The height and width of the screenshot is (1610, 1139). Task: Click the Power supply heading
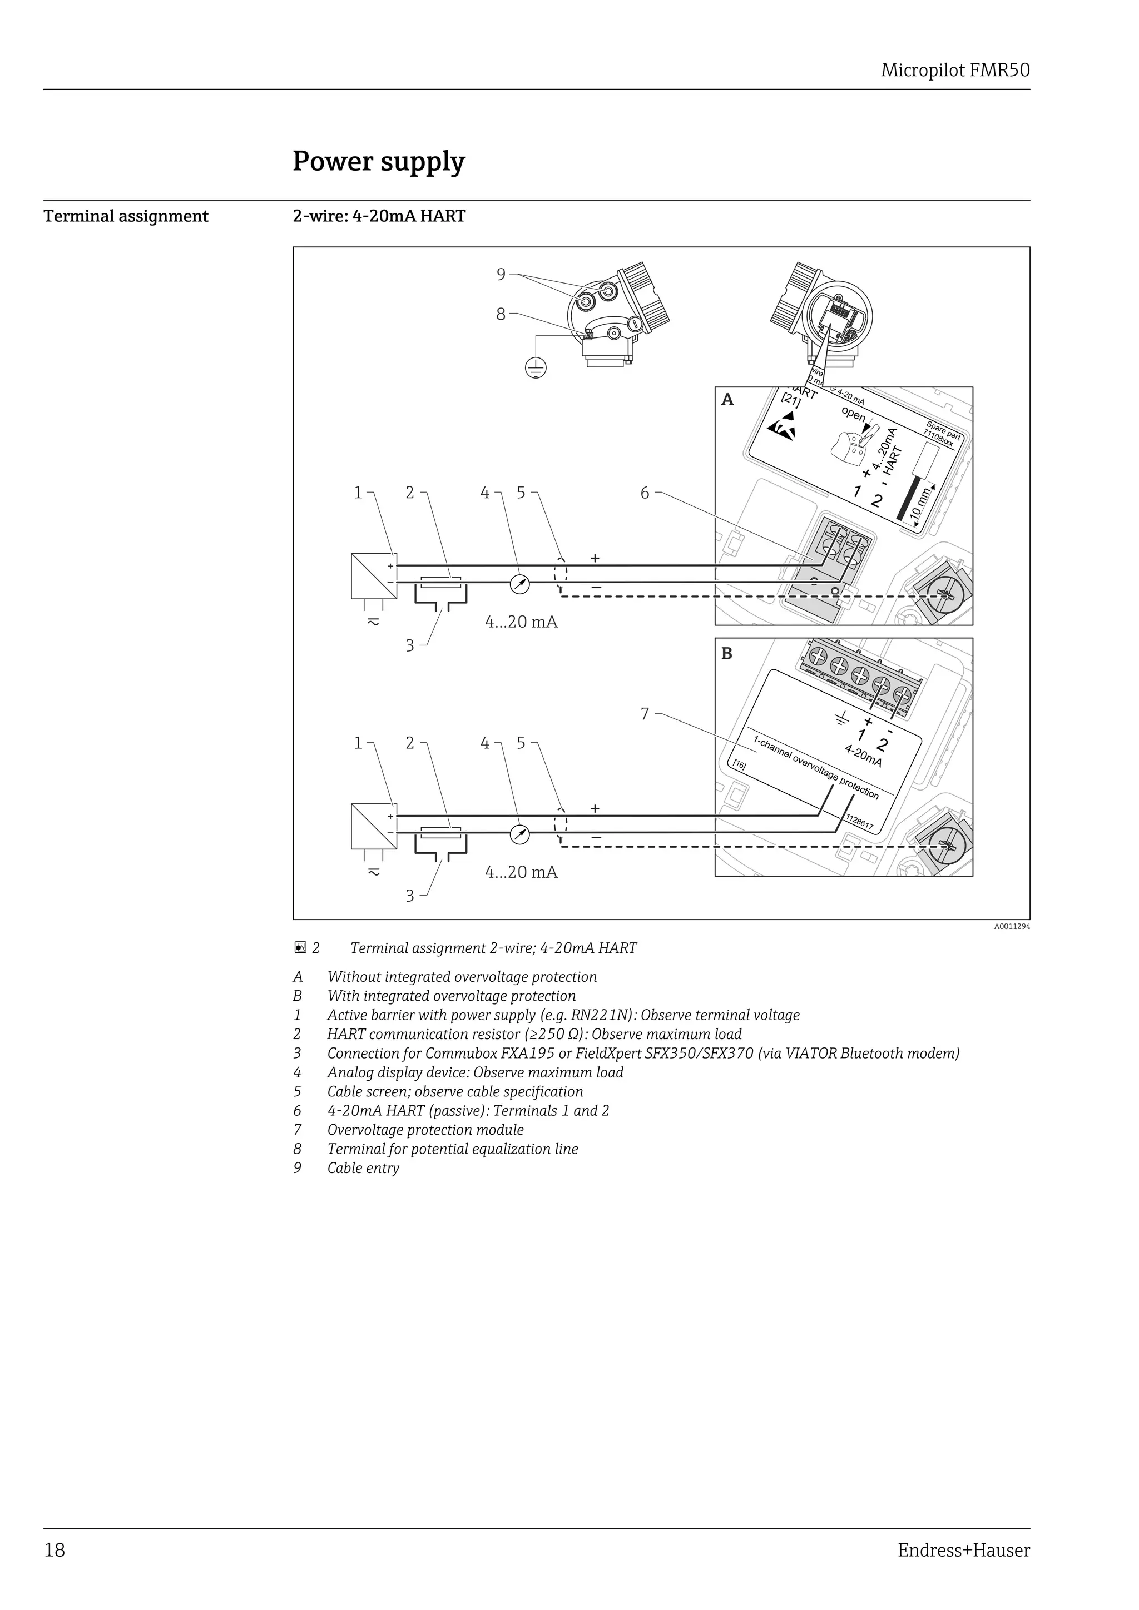pos(379,162)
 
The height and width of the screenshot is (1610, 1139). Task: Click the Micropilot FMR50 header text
pos(954,71)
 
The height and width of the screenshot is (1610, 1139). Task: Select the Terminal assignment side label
pos(126,216)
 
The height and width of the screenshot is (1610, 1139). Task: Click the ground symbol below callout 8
pos(536,367)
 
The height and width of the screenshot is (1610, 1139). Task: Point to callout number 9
pos(501,274)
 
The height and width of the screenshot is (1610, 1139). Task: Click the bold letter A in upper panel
pos(727,400)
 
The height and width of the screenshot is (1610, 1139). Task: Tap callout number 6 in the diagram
pos(645,493)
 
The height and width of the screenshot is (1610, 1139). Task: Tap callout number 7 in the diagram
pos(645,714)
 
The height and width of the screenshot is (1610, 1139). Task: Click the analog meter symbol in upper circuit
pos(519,585)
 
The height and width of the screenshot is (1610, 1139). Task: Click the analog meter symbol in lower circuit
pos(519,834)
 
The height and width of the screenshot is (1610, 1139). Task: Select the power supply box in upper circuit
pos(374,576)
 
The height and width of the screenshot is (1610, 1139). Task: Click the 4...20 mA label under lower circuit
pos(521,872)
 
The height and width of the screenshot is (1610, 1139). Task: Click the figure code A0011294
pos(1011,926)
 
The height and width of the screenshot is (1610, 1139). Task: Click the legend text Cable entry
pos(363,1168)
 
